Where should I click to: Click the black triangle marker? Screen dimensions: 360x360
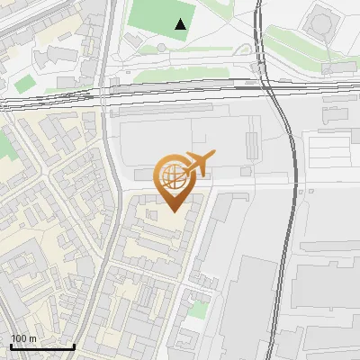(182, 24)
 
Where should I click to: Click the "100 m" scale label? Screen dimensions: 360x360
(23, 338)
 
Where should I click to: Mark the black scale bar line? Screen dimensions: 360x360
(42, 346)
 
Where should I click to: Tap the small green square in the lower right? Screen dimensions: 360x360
(198, 310)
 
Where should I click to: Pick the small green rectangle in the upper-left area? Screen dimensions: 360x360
(25, 84)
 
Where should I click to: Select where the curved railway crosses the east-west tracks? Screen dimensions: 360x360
(268, 83)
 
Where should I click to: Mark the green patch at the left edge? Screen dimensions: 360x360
(7, 144)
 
